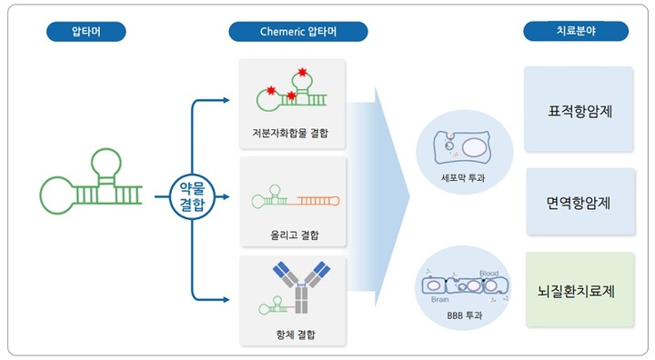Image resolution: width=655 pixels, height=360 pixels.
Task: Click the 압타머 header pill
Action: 86,32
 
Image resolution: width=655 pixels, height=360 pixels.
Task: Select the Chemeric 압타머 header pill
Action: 297,32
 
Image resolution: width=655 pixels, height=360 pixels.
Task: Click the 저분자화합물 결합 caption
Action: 290,134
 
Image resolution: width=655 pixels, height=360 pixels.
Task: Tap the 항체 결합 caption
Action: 292,334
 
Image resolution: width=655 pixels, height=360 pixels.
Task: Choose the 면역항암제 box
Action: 579,202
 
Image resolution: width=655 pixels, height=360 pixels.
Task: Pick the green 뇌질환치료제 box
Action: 579,292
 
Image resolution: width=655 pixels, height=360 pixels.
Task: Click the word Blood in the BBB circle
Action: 489,273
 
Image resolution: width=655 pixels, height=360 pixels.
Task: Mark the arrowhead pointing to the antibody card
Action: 228,297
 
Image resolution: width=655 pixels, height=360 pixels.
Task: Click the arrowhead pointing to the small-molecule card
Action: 228,99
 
